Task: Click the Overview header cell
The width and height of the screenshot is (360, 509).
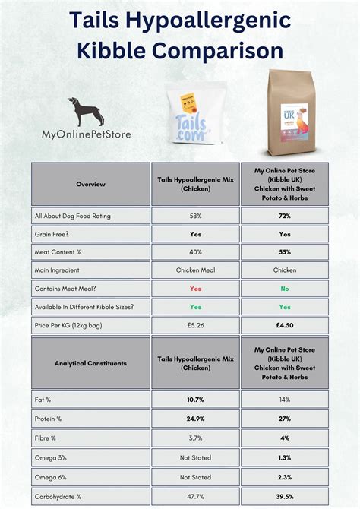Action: click(91, 184)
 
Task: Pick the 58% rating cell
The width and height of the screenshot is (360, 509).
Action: click(195, 216)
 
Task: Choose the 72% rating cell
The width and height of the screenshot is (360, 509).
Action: click(285, 216)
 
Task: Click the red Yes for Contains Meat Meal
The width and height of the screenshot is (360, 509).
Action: click(195, 289)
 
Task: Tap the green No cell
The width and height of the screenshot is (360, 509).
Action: click(285, 289)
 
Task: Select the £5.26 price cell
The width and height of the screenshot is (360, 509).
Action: click(195, 325)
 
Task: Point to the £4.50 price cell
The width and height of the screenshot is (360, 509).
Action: click(285, 325)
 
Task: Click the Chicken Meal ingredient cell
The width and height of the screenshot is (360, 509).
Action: click(195, 270)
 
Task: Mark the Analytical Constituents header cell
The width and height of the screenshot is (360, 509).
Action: click(91, 362)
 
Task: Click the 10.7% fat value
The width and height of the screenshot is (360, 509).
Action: click(195, 399)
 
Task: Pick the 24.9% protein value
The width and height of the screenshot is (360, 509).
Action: click(195, 418)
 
